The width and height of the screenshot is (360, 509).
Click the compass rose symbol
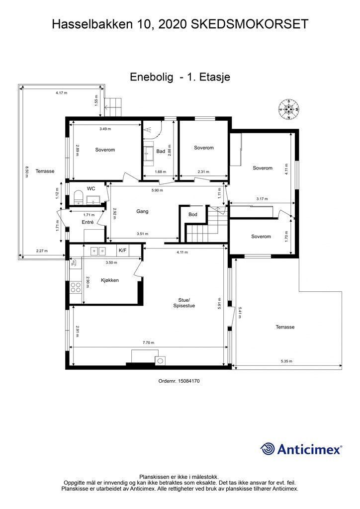click(x=288, y=109)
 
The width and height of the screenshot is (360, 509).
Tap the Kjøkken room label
click(x=110, y=280)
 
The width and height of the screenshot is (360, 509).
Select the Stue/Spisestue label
click(x=184, y=303)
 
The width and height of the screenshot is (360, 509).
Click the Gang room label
click(x=142, y=211)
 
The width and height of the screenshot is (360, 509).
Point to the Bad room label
click(x=161, y=151)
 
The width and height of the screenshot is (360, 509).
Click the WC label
click(x=91, y=188)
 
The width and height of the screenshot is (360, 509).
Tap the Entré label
click(x=88, y=222)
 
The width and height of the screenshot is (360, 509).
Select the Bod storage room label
click(x=193, y=214)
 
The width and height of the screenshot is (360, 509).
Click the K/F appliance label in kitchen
click(x=123, y=251)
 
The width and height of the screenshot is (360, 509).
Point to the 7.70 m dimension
click(x=149, y=342)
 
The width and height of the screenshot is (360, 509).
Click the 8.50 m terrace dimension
click(x=27, y=171)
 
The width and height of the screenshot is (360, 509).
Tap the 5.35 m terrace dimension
click(x=286, y=361)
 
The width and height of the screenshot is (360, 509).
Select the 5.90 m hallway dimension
click(x=157, y=190)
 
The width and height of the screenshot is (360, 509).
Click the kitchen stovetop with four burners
click(x=76, y=288)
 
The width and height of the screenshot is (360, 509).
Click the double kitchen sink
click(x=98, y=251)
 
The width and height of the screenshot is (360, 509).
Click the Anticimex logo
click(x=301, y=449)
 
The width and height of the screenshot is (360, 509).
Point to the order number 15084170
click(x=179, y=381)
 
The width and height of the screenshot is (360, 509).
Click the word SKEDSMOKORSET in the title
click(x=249, y=24)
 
